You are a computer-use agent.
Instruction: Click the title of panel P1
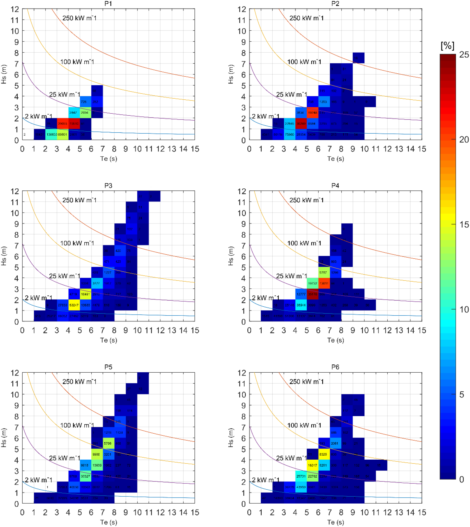coord(108,4)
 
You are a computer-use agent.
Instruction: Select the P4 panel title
coord(335,185)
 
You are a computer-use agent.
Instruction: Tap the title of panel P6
coord(335,367)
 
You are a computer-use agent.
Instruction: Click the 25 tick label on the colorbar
coord(464,55)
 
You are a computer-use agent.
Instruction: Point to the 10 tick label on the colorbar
coord(464,309)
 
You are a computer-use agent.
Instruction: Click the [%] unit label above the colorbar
coord(447,46)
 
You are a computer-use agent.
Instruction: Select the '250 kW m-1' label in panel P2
coord(306,18)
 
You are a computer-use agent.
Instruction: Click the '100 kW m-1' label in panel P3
coord(77,243)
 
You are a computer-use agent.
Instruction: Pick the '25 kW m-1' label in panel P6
coord(291,458)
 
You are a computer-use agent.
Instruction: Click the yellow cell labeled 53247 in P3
coord(74,305)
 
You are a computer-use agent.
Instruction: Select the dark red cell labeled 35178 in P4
coord(312,294)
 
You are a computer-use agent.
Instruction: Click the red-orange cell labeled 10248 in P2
coord(312,113)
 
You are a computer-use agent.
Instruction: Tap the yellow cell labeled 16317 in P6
coord(312,465)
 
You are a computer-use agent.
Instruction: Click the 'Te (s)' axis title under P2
coord(335,159)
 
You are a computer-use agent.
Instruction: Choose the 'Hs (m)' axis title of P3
coord(4,256)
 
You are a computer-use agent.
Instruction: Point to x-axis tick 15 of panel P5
coord(195,512)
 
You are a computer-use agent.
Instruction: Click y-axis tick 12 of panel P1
coord(15,9)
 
